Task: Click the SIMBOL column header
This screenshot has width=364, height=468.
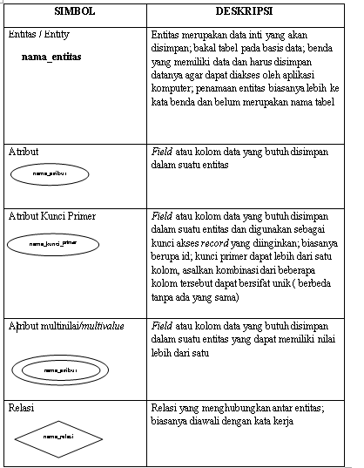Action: [x=75, y=13]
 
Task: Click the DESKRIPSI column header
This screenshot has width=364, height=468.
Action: [x=247, y=13]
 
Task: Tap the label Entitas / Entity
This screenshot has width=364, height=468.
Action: [x=39, y=35]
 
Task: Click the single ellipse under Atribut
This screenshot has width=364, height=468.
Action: [x=50, y=173]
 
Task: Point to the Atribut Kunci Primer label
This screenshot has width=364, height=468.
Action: [x=51, y=215]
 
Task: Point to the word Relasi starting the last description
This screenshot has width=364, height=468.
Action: [x=165, y=408]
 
